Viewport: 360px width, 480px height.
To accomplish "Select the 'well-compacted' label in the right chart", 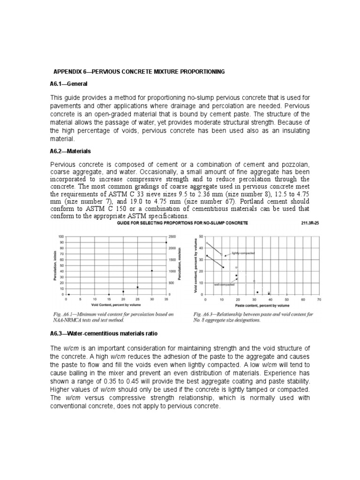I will pos(224,285).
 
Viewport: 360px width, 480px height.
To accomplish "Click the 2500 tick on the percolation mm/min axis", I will pos(172,236).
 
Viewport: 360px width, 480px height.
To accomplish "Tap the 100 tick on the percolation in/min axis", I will pos(60,236).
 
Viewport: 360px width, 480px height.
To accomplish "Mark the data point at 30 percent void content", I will pos(151,271).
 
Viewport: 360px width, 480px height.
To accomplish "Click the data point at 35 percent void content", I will pos(165,242).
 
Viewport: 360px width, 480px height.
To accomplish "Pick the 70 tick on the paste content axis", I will pos(319,299).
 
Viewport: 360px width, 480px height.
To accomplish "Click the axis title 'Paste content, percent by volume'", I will pos(262,304).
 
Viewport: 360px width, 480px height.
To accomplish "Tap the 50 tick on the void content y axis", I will pos(201,236).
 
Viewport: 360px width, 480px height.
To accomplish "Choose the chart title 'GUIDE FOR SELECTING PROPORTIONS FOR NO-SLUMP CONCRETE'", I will pos(182,224).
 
